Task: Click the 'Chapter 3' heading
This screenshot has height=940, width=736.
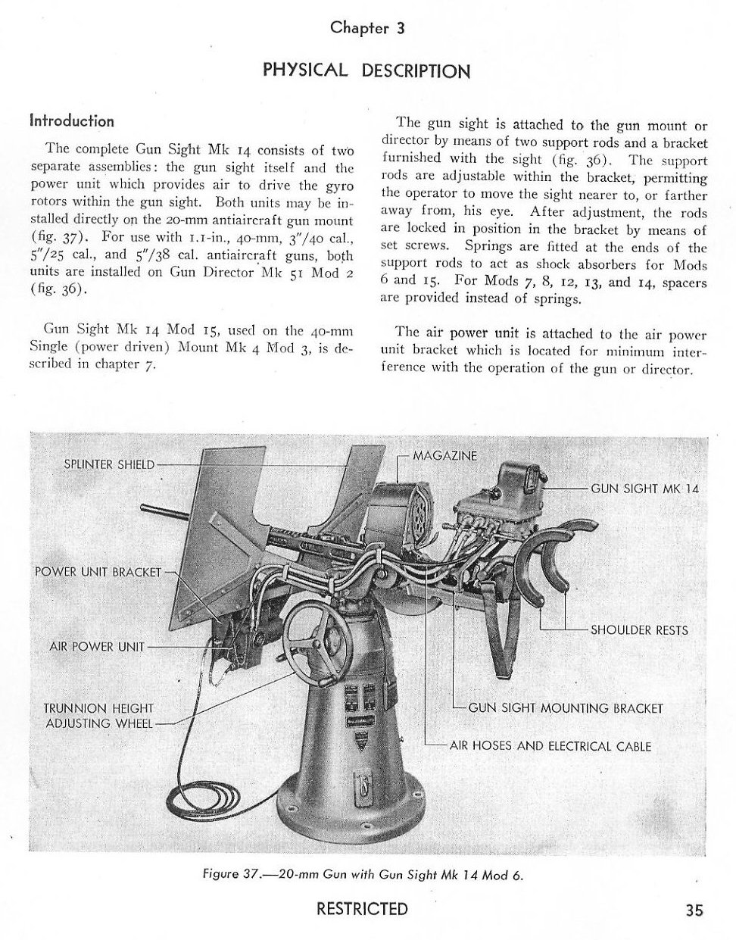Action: point(367,28)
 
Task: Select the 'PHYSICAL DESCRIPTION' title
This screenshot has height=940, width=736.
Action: point(366,70)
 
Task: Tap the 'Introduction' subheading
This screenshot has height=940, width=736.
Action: point(72,121)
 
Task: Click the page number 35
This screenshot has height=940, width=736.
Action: point(694,910)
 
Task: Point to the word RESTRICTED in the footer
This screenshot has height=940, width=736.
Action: point(362,909)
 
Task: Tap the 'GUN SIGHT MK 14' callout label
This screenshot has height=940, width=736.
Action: point(644,489)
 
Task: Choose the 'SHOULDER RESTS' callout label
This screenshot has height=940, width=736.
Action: point(639,629)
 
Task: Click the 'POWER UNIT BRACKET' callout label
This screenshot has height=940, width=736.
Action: point(98,571)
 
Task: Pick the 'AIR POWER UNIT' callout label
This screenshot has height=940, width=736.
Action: point(96,647)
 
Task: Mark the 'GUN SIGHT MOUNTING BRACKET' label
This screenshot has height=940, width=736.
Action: point(566,708)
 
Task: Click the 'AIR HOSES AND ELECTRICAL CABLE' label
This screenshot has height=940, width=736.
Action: point(550,745)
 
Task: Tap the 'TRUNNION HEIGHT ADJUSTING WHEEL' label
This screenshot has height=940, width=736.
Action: point(98,716)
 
